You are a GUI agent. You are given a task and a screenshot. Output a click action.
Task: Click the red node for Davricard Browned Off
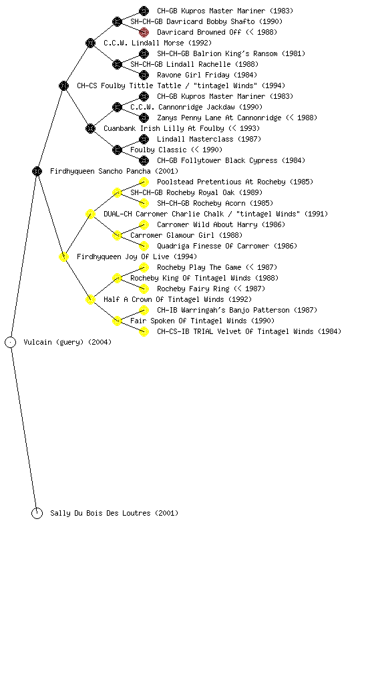144,32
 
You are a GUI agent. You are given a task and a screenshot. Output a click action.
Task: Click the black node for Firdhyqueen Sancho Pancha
37,172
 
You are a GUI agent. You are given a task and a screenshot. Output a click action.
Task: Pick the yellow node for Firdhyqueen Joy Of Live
63,257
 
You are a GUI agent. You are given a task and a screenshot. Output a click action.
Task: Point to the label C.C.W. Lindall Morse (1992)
158,43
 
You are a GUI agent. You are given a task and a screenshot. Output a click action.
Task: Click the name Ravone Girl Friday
193,75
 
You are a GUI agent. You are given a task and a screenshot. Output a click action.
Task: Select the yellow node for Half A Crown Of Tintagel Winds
90,300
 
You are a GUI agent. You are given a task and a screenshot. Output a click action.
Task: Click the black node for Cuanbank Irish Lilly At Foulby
90,129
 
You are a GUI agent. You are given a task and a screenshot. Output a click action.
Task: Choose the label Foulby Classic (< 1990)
176,150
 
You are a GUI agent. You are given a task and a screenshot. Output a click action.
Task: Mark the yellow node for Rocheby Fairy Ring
144,289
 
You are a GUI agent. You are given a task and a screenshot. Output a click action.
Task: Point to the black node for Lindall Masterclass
144,139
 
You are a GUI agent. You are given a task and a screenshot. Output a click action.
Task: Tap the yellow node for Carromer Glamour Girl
117,236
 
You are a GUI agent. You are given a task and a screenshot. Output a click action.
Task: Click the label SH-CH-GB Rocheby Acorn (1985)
215,203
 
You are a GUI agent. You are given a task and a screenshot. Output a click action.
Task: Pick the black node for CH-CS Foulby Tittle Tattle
63,86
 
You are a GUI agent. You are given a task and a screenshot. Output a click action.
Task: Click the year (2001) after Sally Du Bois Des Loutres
166,514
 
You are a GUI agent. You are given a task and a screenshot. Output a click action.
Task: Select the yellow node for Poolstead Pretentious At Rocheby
144,182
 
